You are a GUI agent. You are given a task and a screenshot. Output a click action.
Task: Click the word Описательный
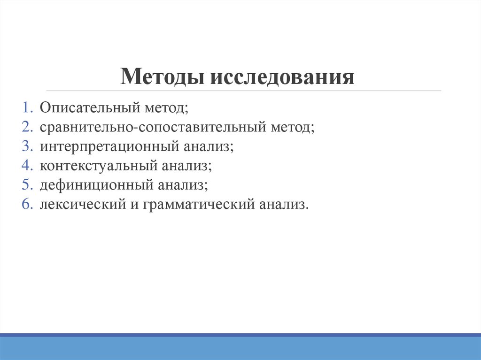(90, 108)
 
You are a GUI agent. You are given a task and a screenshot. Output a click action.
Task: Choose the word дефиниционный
(95, 185)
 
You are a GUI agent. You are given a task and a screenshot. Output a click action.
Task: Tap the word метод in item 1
(165, 108)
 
